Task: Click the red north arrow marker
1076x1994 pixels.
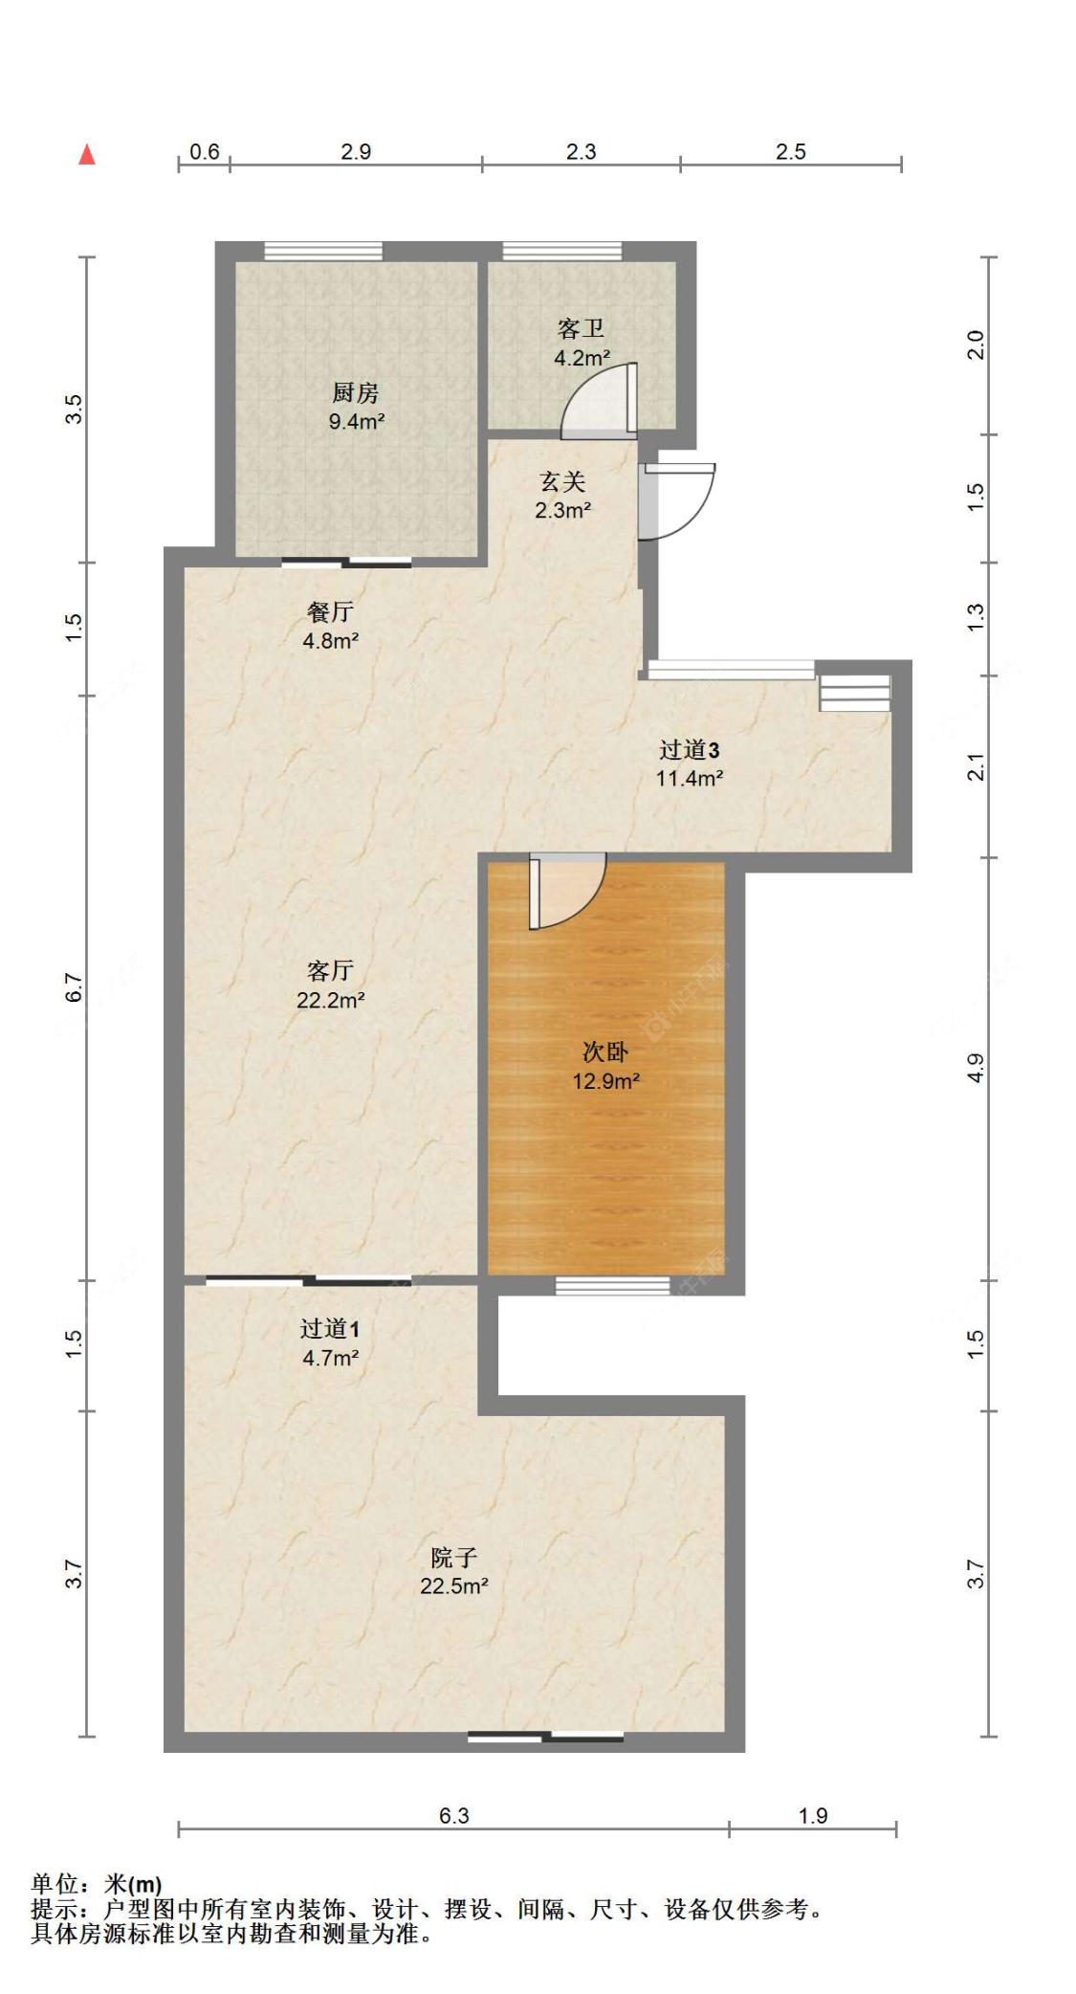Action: coord(87,153)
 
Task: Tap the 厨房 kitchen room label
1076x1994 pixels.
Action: coord(356,392)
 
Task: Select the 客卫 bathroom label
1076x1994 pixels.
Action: coord(581,328)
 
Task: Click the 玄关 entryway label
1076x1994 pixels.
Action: coord(562,481)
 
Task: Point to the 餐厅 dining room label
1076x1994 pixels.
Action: coord(330,611)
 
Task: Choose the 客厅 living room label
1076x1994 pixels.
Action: coord(330,970)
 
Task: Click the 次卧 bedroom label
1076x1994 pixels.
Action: coord(605,1052)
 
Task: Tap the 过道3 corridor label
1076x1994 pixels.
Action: coord(689,749)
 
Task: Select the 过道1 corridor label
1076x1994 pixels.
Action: coord(330,1328)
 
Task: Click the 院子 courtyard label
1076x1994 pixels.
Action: coord(453,1557)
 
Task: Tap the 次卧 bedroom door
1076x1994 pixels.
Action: coord(567,891)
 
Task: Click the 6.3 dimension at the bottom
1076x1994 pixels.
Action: coord(453,1815)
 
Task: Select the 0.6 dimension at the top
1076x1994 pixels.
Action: coord(204,151)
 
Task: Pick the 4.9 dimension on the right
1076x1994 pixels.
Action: coord(975,1068)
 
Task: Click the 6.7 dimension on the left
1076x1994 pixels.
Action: coord(74,987)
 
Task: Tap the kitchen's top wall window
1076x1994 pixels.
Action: coord(323,251)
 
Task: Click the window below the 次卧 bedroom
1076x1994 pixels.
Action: coord(612,1285)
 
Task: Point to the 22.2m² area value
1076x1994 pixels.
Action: coord(331,1000)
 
